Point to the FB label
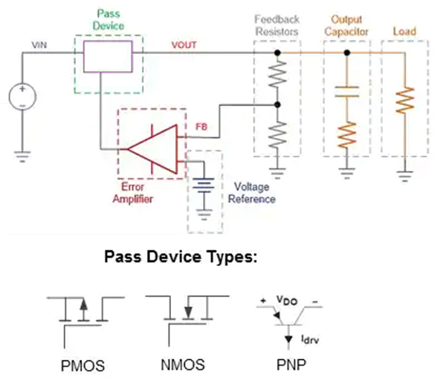(201, 127)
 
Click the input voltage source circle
(22, 97)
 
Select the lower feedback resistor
(277, 134)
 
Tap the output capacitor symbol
(346, 94)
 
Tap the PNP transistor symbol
(287, 319)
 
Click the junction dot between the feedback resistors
(277, 105)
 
